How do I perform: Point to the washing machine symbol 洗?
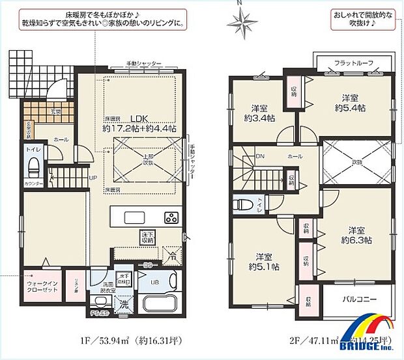point(123,303)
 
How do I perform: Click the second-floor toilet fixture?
point(245,202)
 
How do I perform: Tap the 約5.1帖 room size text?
point(263,266)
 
